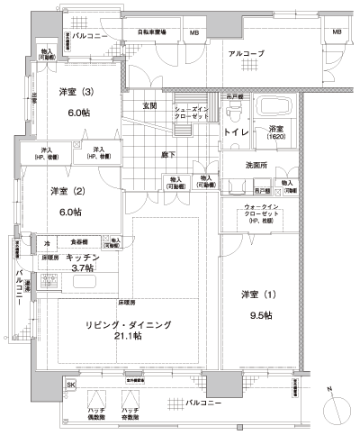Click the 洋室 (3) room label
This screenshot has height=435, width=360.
[x=76, y=93]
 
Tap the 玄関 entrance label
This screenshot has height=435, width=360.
[x=149, y=106]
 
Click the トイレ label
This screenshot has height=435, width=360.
[x=235, y=132]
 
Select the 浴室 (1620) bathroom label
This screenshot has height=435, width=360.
[x=274, y=133]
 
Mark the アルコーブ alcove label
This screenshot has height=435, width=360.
[x=246, y=55]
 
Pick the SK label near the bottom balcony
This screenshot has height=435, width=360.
[x=71, y=385]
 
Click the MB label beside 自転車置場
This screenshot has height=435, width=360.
[x=195, y=33]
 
